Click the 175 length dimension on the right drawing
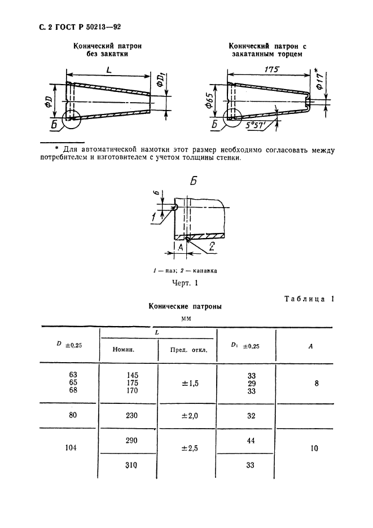tap(272, 68)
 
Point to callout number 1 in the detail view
tap(154, 217)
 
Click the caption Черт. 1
tap(184, 284)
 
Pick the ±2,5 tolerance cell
tap(189, 449)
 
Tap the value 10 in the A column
tap(314, 449)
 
